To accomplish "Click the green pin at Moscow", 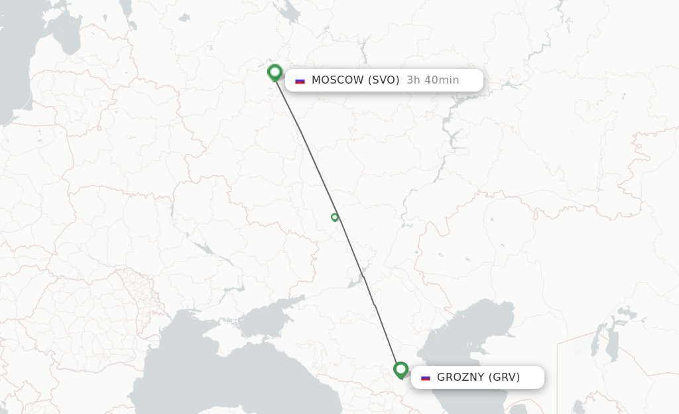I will pyautogui.click(x=275, y=72).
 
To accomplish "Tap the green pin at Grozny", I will pyautogui.click(x=401, y=369).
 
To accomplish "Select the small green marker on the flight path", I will pyautogui.click(x=335, y=217).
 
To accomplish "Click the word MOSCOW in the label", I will pyautogui.click(x=338, y=80).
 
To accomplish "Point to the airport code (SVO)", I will pyautogui.click(x=385, y=80).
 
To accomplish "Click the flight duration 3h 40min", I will pyautogui.click(x=433, y=80).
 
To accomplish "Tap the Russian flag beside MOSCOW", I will pyautogui.click(x=300, y=81).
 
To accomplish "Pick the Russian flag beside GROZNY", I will pyautogui.click(x=426, y=378).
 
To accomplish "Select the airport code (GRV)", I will pyautogui.click(x=505, y=378).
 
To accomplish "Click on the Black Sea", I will pyautogui.click(x=199, y=372).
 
